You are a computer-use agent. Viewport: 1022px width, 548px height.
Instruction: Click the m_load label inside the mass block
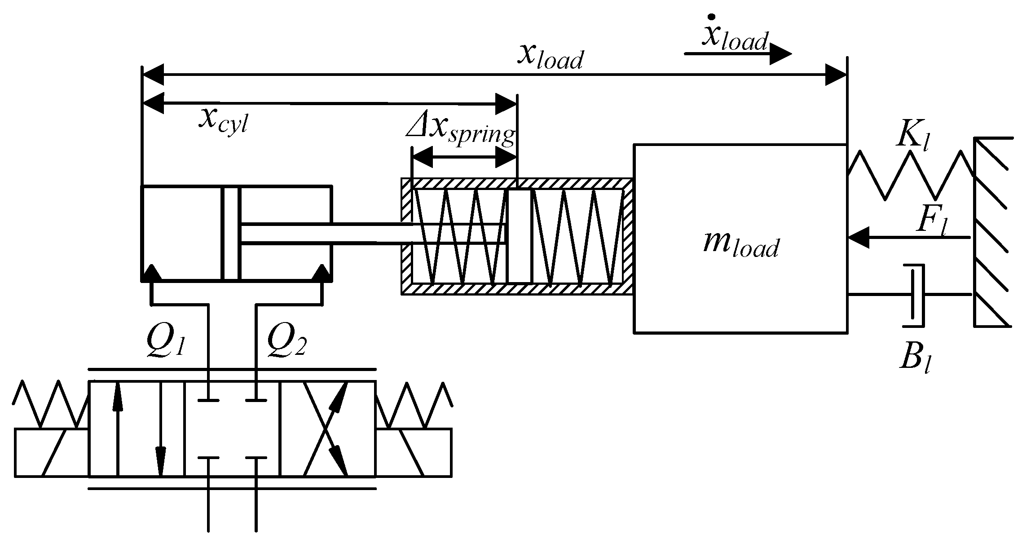(740, 245)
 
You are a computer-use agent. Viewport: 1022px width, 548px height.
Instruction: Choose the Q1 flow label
(166, 344)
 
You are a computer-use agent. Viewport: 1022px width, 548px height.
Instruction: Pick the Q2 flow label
(286, 344)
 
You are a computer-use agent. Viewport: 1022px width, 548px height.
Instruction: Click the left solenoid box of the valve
(52, 452)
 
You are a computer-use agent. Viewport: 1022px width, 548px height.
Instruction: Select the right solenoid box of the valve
(414, 452)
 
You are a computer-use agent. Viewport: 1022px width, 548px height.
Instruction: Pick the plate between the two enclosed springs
(520, 236)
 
